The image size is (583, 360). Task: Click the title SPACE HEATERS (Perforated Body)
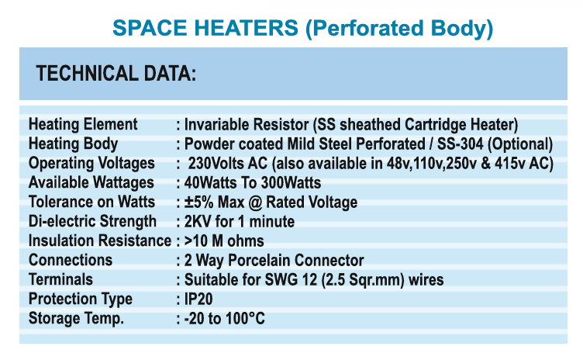(302, 28)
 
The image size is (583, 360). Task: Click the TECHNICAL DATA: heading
(116, 74)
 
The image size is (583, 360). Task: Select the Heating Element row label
(83, 124)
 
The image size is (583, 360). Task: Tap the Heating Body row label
(73, 144)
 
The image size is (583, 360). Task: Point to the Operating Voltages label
(91, 164)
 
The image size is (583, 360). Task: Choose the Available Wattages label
(91, 183)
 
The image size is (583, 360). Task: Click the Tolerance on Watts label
(91, 202)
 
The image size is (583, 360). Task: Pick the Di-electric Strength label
(92, 222)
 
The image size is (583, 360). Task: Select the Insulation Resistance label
(100, 241)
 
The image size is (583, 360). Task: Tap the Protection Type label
(81, 299)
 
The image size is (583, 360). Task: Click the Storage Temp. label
(76, 318)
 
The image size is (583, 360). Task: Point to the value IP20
(198, 299)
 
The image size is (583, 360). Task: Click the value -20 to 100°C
(225, 318)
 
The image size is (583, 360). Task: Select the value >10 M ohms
(224, 241)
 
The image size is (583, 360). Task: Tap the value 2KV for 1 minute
(240, 222)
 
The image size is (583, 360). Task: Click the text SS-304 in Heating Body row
(460, 144)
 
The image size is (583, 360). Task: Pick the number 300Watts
(291, 183)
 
